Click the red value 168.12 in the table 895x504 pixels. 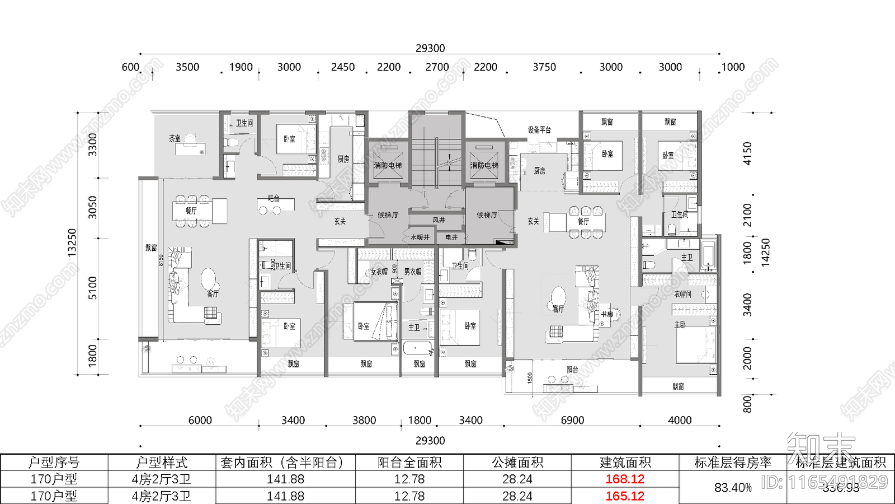625,479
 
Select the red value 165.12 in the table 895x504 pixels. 625,496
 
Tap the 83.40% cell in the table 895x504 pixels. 733,488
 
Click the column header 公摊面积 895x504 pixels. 517,463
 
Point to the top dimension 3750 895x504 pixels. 544,67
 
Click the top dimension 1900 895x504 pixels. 241,67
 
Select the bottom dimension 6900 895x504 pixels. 572,421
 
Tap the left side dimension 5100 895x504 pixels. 93,288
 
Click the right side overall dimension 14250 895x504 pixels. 766,252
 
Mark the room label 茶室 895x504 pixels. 175,138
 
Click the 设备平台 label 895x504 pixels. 539,130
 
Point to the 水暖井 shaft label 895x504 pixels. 420,237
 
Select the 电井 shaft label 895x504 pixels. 451,237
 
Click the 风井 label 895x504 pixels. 439,220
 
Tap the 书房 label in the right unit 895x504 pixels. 607,315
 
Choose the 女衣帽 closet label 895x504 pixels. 379,272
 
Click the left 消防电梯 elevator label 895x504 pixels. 388,166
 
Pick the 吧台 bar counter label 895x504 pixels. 274,198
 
